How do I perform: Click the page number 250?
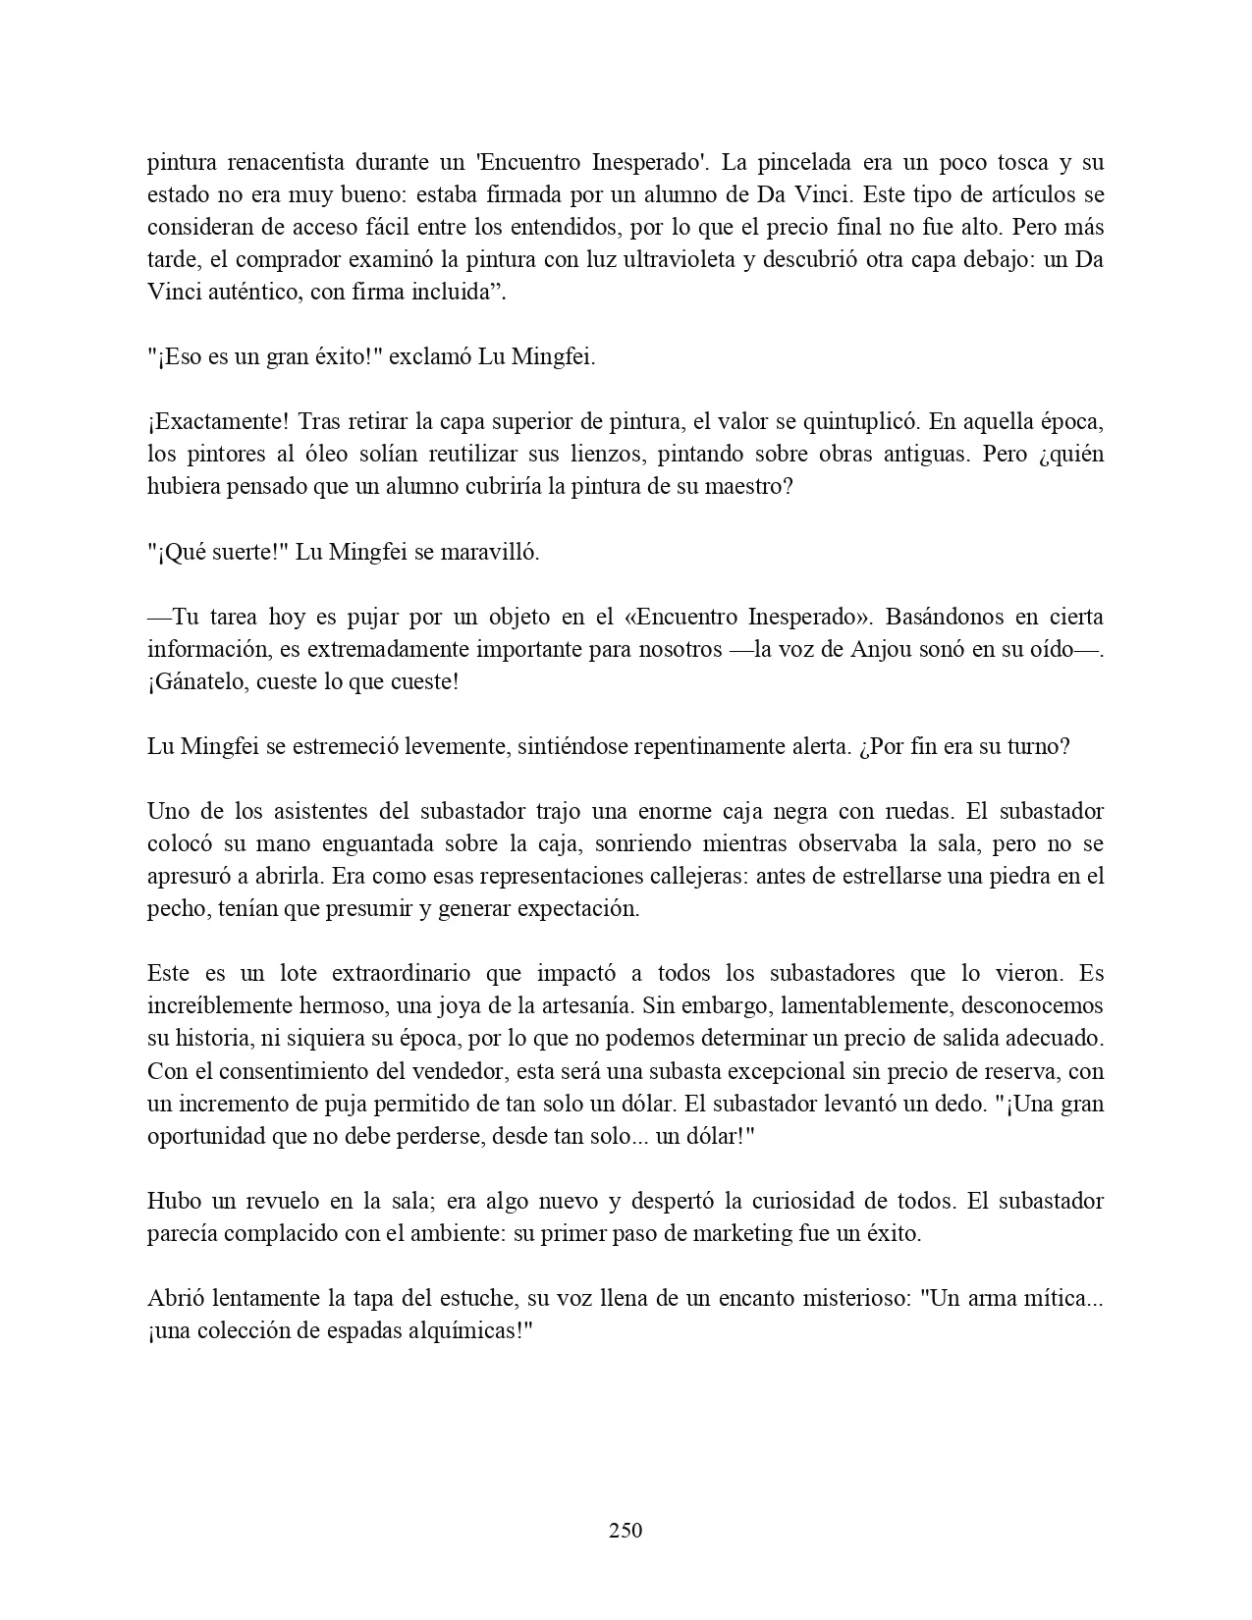pyautogui.click(x=626, y=1530)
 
